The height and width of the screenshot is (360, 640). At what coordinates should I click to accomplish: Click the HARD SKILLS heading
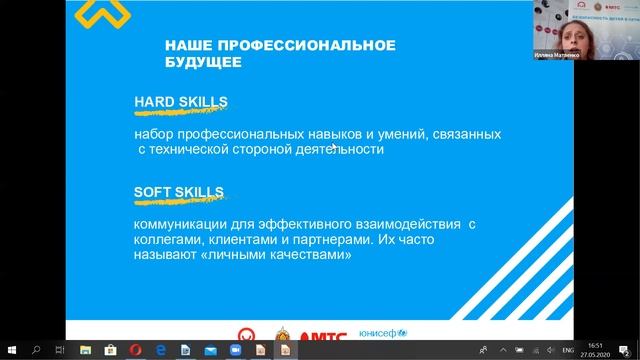click(x=181, y=102)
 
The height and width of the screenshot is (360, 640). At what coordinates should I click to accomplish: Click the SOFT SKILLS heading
click(x=179, y=193)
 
